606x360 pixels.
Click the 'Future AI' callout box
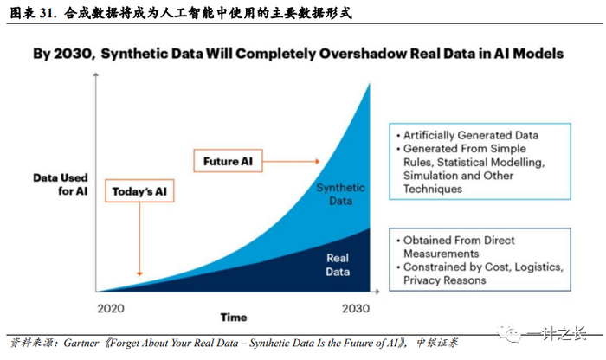point(228,161)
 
